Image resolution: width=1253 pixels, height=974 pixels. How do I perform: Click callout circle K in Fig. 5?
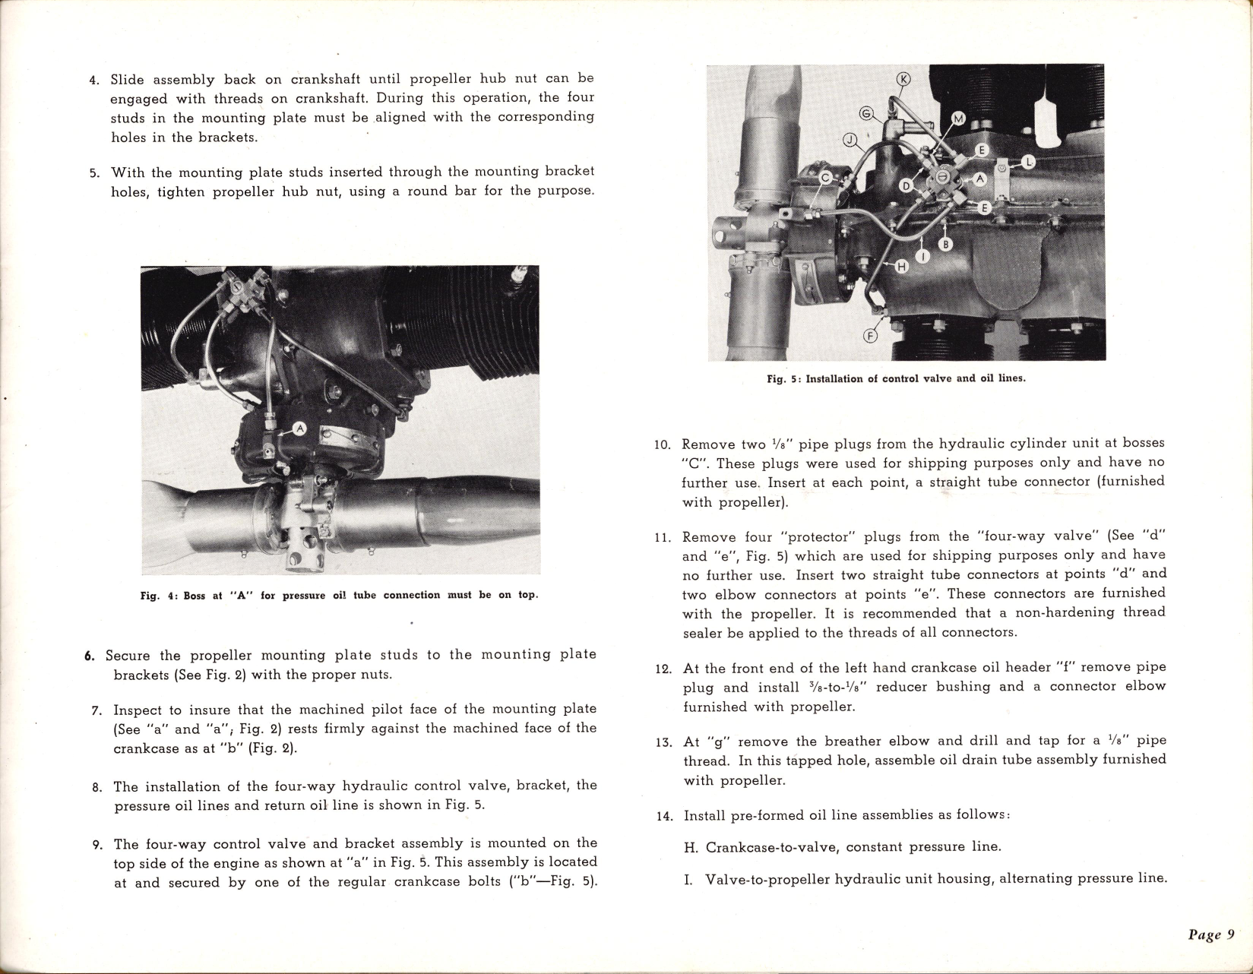click(903, 80)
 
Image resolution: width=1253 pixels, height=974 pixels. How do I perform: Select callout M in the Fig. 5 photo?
click(958, 119)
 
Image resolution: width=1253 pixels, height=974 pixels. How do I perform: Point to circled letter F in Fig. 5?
click(871, 336)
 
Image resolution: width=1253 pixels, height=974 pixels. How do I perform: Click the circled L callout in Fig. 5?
click(1027, 162)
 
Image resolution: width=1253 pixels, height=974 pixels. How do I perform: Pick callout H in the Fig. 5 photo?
click(902, 266)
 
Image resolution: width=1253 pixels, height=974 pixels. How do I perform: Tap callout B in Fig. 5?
click(946, 245)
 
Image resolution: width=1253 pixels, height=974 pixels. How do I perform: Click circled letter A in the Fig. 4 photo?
click(299, 429)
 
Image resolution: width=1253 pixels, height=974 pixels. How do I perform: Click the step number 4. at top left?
click(94, 80)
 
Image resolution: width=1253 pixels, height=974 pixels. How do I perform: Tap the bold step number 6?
click(89, 656)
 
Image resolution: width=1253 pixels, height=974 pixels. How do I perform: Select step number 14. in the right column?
click(665, 817)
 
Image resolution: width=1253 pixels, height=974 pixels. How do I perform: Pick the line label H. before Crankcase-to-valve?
click(691, 847)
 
